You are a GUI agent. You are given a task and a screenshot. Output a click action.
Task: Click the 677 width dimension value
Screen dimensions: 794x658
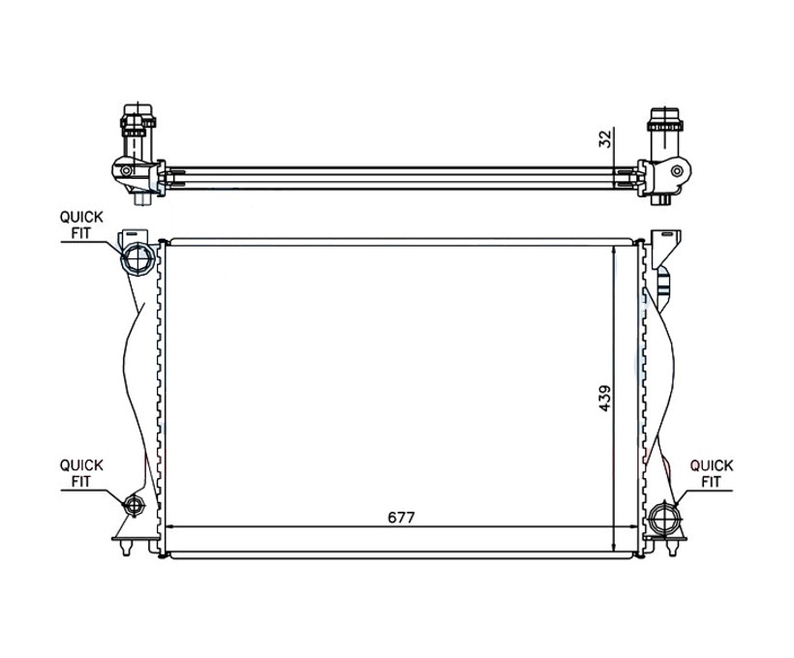(401, 518)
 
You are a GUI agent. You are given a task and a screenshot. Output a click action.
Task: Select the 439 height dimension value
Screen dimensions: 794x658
(605, 399)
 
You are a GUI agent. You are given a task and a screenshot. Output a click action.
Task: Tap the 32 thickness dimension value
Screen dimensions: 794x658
(605, 138)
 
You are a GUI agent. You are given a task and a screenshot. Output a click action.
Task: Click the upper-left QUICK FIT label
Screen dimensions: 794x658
(81, 224)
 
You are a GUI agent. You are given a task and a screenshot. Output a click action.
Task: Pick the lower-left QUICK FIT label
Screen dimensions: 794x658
(81, 473)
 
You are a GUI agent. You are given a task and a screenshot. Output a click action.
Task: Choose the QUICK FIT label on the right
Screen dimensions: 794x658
(712, 473)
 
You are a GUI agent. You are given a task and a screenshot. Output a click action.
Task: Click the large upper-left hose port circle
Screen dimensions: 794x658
(137, 258)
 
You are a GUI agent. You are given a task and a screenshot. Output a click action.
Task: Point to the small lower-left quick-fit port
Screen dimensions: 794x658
(135, 505)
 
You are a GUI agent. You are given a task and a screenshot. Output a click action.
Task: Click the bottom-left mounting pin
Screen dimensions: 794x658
(127, 547)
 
